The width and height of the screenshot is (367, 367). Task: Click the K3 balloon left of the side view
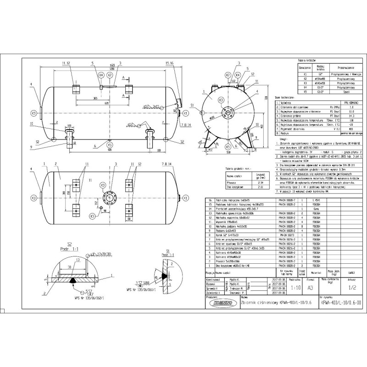pos(33,113)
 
